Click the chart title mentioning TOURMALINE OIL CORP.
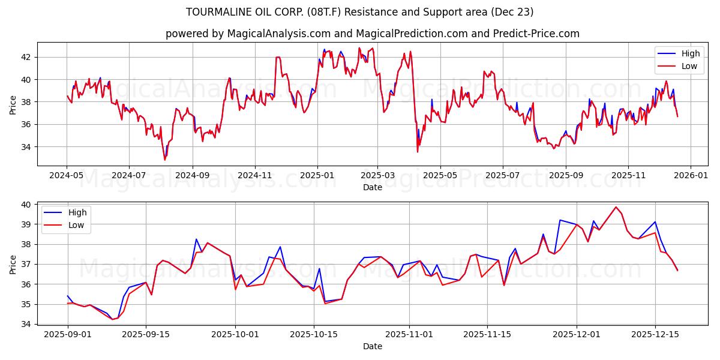[360, 12]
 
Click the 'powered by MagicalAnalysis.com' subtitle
[372, 34]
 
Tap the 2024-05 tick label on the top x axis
[66, 175]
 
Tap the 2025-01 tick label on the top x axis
[317, 175]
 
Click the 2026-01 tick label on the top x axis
[691, 175]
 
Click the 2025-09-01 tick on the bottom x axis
[67, 334]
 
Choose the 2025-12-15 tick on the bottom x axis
[655, 334]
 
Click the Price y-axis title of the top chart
[13, 104]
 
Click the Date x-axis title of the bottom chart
[373, 346]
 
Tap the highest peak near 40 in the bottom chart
[616, 207]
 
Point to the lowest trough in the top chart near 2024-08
[165, 160]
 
